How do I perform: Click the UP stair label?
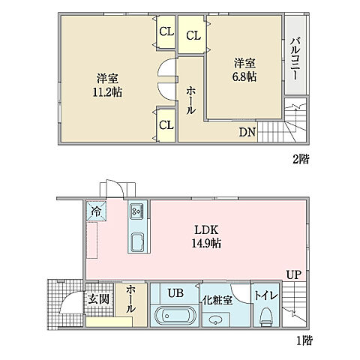[293, 275]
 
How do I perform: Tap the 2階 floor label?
[301, 158]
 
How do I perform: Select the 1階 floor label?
[303, 340]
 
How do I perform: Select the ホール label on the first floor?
[132, 298]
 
